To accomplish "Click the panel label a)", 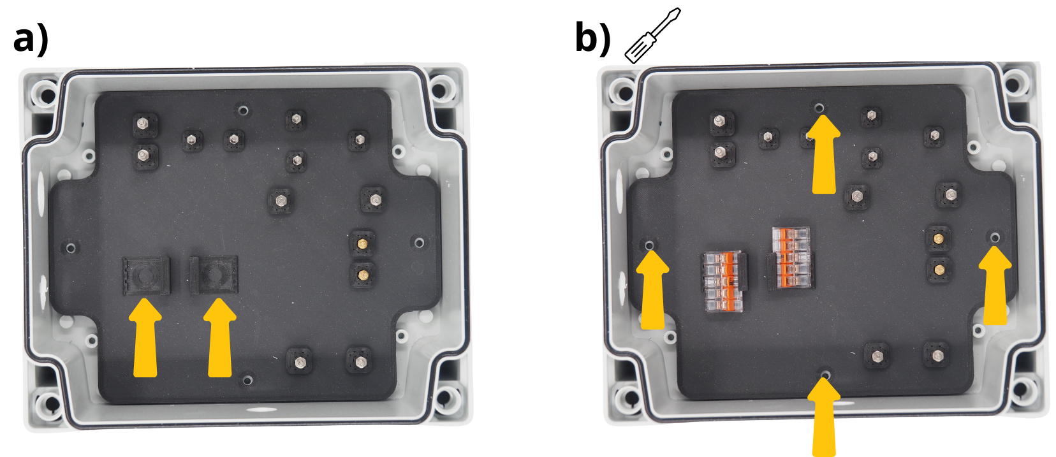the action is tap(31, 41).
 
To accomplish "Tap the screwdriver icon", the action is tap(652, 35).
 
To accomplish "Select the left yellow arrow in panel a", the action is tap(145, 338).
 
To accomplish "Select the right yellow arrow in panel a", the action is tap(220, 338).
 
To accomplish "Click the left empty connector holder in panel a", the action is tap(146, 276).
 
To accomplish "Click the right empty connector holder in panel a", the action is tap(214, 275).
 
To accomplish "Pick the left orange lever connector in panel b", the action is tap(723, 281).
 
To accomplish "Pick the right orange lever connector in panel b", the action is tap(791, 258).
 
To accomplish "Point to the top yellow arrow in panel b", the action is tap(824, 154).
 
